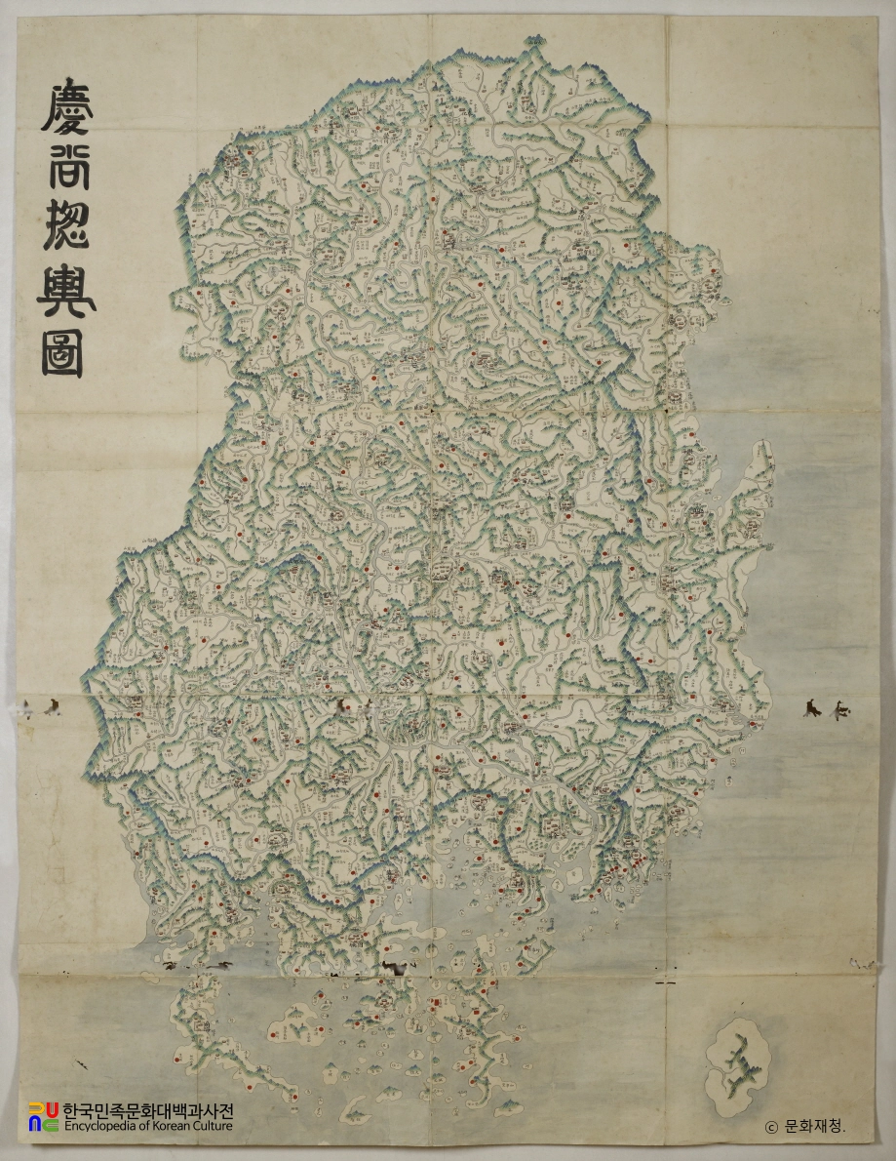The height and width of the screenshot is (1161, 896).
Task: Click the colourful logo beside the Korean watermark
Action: (43, 1117)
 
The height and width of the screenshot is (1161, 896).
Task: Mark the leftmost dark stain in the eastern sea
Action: (811, 707)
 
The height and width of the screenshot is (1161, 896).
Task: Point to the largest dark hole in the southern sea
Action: (398, 967)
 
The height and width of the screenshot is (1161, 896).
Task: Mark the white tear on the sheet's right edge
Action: (864, 964)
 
